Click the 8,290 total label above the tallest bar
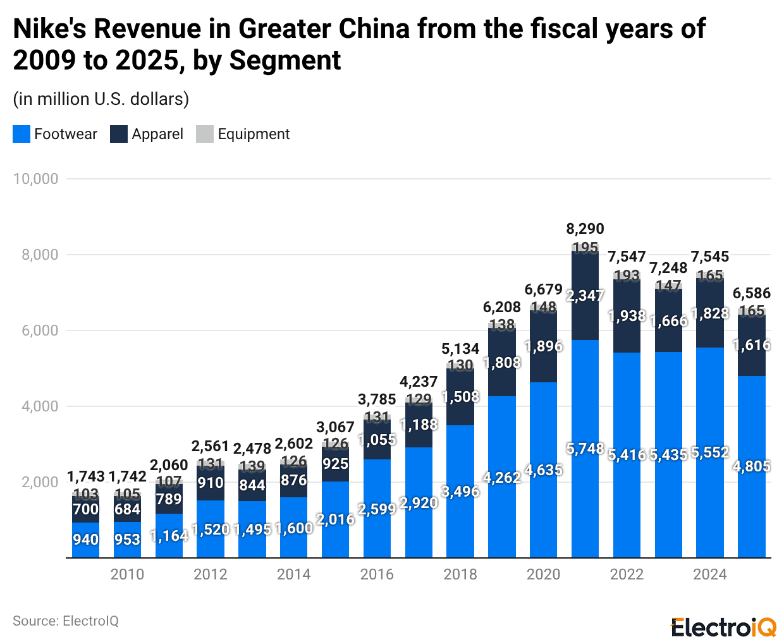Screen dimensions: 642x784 click(x=585, y=229)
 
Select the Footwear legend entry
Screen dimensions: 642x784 click(x=55, y=134)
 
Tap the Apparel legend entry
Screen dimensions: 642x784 click(x=147, y=134)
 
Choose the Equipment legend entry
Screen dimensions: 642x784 click(x=243, y=134)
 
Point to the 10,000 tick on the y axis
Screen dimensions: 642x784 click(x=36, y=179)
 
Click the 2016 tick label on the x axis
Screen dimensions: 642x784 click(x=377, y=574)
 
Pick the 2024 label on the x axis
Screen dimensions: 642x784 click(x=710, y=574)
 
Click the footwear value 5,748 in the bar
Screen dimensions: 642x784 click(x=585, y=449)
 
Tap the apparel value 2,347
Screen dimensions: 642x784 click(x=585, y=296)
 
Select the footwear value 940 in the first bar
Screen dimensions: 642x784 click(x=85, y=540)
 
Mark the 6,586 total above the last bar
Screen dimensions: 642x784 click(x=752, y=293)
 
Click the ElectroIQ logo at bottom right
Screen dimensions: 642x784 click(x=723, y=627)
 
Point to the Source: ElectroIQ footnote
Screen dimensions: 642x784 click(x=66, y=621)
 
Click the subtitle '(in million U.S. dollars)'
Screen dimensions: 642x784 click(x=101, y=99)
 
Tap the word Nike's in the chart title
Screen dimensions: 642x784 click(x=49, y=29)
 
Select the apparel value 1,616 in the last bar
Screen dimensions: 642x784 click(x=752, y=345)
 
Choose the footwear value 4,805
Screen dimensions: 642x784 click(x=752, y=466)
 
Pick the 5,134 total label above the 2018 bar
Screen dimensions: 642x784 click(x=460, y=349)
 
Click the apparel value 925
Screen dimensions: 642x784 click(x=335, y=464)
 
